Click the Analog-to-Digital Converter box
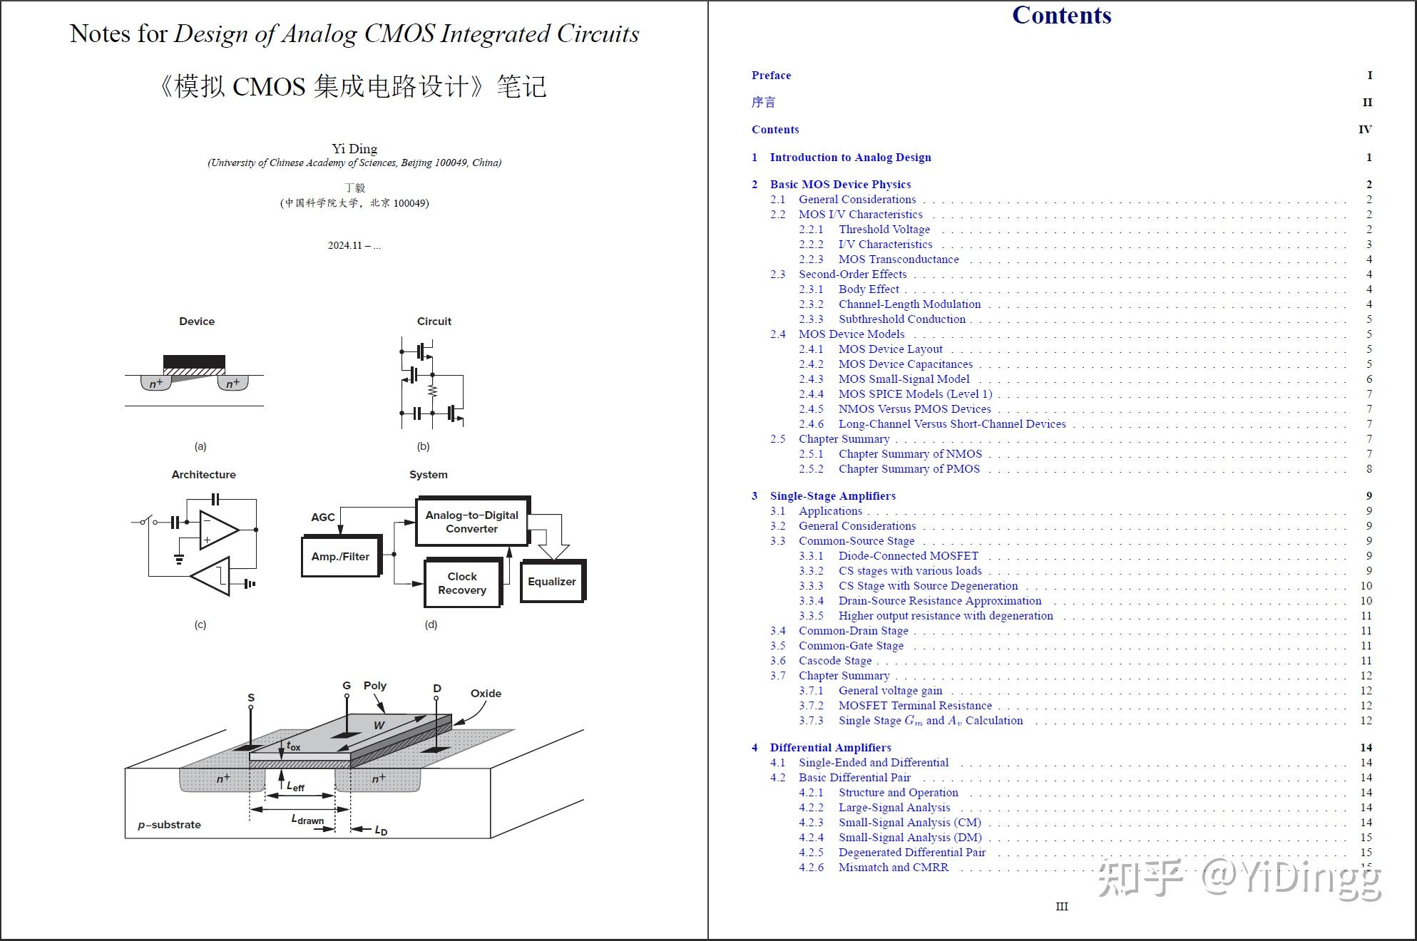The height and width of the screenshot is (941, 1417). (471, 522)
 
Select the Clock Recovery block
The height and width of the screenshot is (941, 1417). (462, 583)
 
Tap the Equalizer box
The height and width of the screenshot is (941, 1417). (552, 582)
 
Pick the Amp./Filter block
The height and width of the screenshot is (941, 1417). (340, 557)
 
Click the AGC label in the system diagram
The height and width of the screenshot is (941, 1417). (322, 518)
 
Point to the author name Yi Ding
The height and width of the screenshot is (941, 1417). (354, 148)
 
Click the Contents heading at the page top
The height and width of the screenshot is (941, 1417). (1061, 16)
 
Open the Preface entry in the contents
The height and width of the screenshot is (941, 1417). (771, 76)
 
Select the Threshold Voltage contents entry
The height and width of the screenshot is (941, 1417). (884, 230)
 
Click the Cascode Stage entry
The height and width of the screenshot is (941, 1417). (834, 661)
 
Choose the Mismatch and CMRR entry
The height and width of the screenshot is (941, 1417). (893, 868)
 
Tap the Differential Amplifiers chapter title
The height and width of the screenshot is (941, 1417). (830, 748)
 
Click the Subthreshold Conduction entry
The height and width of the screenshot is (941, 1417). (901, 319)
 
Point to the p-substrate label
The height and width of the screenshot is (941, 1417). (169, 825)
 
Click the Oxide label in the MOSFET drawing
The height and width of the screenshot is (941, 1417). (486, 694)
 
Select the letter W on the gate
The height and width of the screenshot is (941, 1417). (379, 726)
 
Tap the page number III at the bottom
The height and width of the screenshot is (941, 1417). (1061, 907)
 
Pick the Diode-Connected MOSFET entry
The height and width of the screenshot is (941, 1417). (908, 556)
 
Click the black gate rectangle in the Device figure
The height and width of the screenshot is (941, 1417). (194, 362)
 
